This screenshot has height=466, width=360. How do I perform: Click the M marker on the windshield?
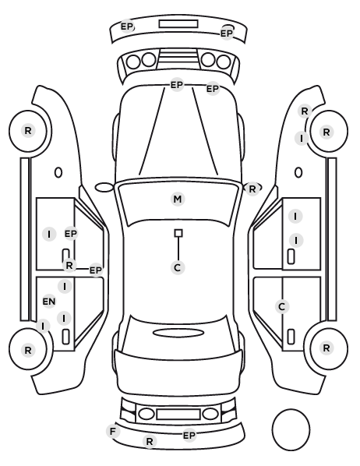[x=178, y=199]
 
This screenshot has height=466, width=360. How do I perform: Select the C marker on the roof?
[x=178, y=268]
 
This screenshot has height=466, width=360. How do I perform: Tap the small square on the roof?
[x=178, y=233]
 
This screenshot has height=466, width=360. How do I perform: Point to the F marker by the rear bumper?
[x=113, y=431]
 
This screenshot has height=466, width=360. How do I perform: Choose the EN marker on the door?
[x=49, y=302]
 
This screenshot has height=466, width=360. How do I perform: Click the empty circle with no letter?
[x=291, y=429]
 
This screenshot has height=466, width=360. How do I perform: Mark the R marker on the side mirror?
[x=252, y=189]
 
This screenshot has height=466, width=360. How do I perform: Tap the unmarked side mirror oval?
[x=104, y=188]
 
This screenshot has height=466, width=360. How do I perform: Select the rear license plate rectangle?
[x=178, y=414]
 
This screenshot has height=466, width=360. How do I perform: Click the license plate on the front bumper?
[x=178, y=24]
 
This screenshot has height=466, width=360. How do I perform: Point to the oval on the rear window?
[x=178, y=333]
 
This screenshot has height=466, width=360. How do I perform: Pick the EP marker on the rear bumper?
[x=189, y=436]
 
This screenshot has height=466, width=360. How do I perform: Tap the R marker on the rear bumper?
[x=150, y=441]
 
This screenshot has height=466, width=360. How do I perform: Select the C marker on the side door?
[x=282, y=306]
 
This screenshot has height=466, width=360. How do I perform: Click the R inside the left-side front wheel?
[x=27, y=130]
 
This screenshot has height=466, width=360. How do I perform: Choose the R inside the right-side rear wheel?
[x=326, y=348]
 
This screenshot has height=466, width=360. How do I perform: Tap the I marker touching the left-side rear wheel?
[x=43, y=326]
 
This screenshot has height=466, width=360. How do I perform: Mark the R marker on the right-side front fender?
[x=305, y=111]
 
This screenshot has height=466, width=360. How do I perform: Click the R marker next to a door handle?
[x=69, y=265]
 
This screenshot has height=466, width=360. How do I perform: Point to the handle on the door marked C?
[x=291, y=337]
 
